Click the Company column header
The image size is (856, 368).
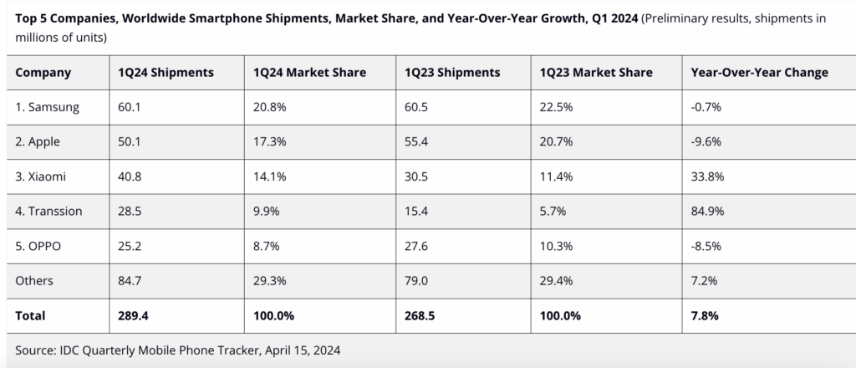[x=43, y=73]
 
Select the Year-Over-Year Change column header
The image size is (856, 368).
[x=759, y=73]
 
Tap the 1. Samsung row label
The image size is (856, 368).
[x=48, y=108]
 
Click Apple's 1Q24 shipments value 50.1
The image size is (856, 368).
[x=130, y=142]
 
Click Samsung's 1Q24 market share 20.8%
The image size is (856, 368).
[x=270, y=108]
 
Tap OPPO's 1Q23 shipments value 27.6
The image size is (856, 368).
[x=415, y=246]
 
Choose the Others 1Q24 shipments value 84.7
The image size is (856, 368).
[x=130, y=280]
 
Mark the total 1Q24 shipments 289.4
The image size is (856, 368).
[x=134, y=316]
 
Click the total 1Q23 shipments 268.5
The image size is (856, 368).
[x=420, y=316]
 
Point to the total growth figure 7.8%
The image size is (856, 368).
[x=704, y=316]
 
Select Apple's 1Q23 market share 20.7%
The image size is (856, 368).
[x=557, y=142]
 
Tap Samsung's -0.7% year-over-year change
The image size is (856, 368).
[x=705, y=108]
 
